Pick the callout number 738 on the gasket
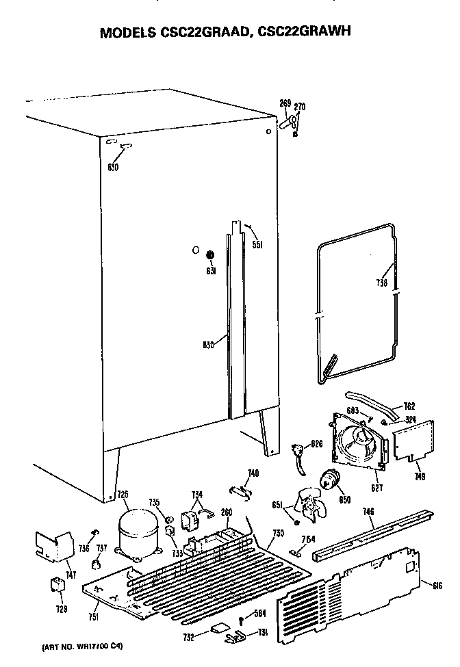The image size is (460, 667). [x=381, y=283]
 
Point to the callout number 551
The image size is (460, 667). [x=258, y=244]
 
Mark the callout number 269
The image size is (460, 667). [x=285, y=103]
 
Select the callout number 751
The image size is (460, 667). [x=94, y=617]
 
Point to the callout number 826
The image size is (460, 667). [x=316, y=445]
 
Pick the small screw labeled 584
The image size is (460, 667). [x=242, y=620]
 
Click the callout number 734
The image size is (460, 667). [x=198, y=495]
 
